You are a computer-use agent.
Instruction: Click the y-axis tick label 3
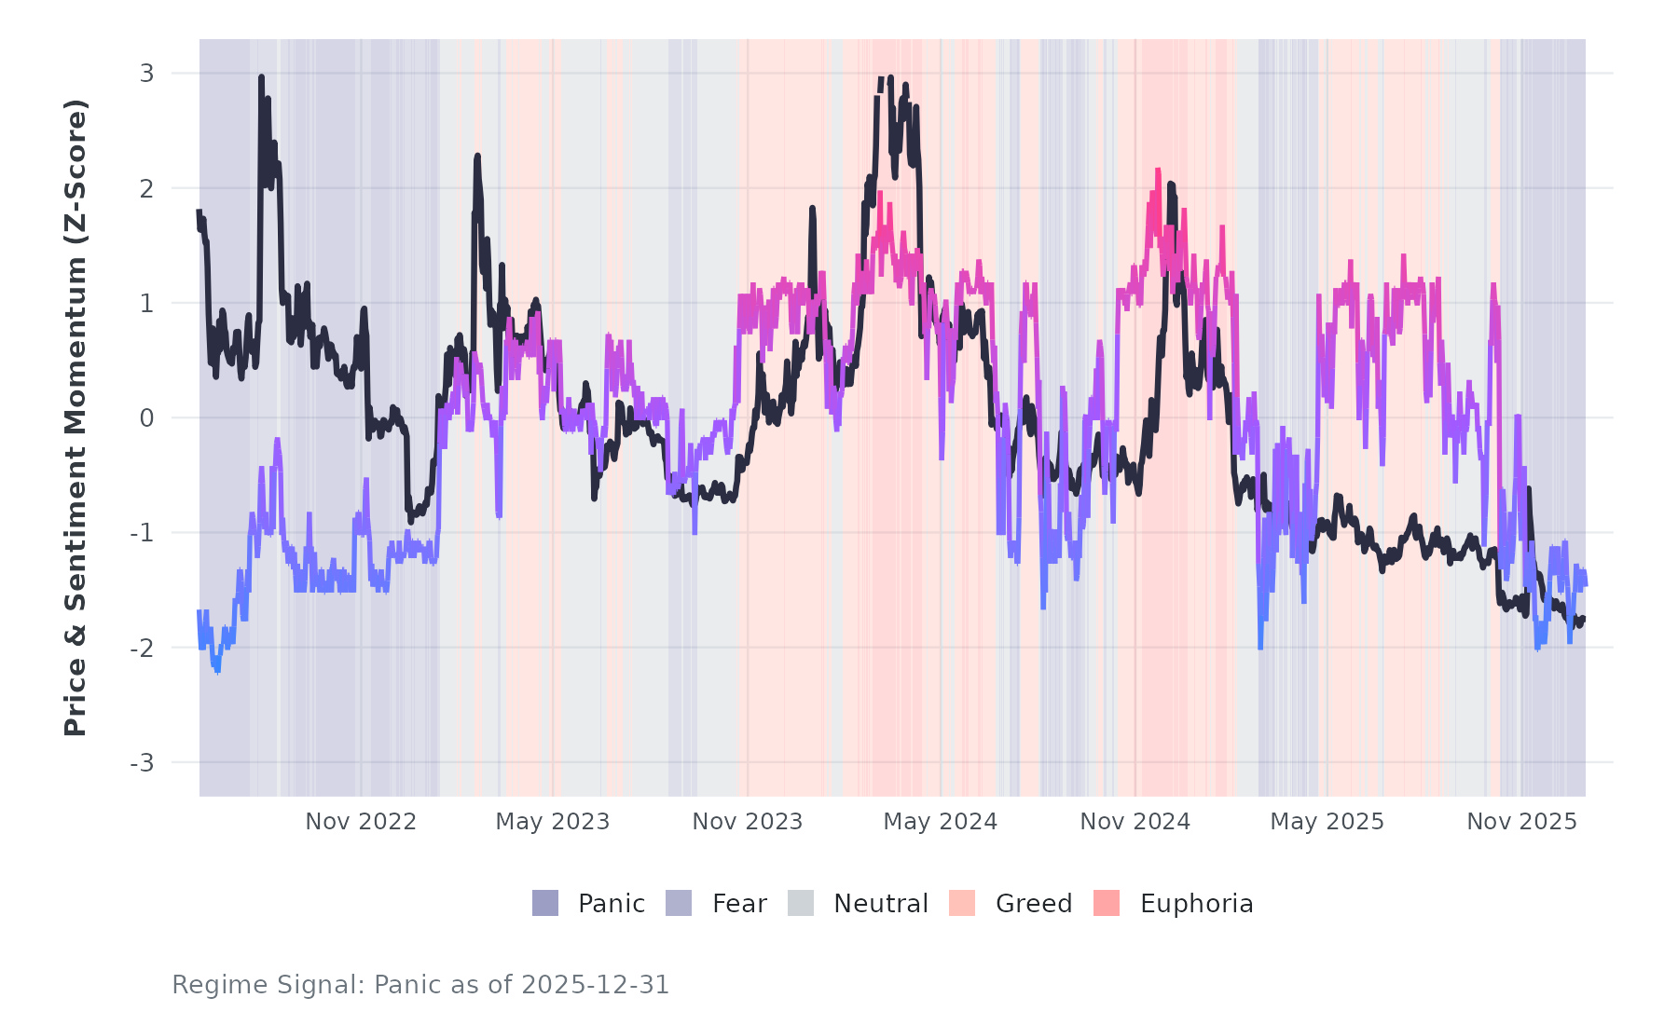point(146,73)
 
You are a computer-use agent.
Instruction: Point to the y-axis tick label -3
point(142,763)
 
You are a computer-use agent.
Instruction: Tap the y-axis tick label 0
point(146,418)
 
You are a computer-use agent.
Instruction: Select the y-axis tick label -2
point(142,649)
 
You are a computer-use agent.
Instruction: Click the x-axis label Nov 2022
point(361,822)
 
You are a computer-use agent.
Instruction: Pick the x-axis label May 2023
point(552,822)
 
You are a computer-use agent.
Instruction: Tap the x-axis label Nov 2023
point(747,822)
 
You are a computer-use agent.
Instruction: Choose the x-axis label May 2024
point(940,822)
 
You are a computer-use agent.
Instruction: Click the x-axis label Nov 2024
point(1135,822)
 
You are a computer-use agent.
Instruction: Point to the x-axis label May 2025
point(1327,822)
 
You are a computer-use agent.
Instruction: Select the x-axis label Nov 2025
point(1521,822)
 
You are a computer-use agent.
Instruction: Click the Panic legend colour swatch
point(545,903)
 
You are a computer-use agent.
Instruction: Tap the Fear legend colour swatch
point(679,903)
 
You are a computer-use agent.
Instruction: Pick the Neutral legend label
point(880,904)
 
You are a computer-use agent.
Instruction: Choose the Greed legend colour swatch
point(962,903)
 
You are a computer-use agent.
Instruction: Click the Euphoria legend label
point(1196,904)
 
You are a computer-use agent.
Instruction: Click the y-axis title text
point(75,417)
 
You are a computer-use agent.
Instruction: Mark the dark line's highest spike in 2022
point(261,78)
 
